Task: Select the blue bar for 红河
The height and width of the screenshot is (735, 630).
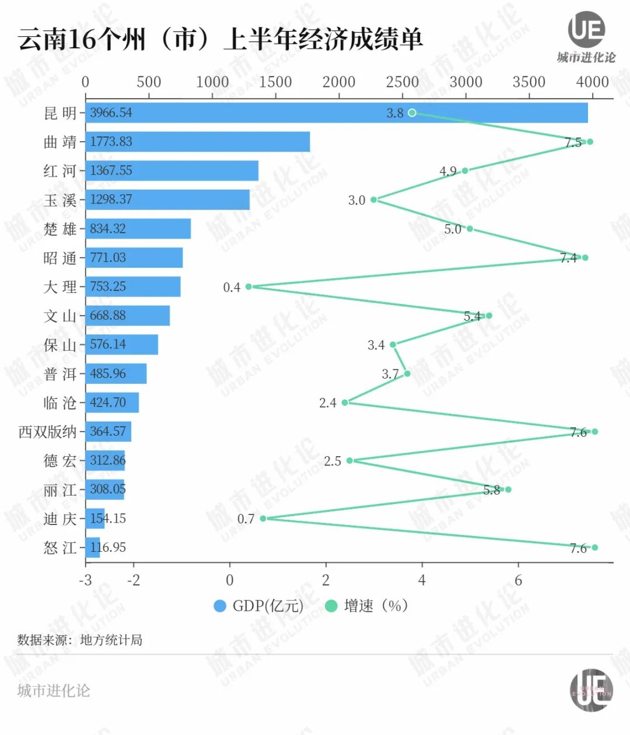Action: click(171, 171)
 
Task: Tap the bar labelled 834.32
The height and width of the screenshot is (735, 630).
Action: click(138, 229)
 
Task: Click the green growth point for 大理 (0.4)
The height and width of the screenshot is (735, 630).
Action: click(249, 286)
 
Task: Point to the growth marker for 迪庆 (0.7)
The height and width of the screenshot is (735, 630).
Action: click(263, 518)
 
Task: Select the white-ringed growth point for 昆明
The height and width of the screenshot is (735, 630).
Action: click(412, 113)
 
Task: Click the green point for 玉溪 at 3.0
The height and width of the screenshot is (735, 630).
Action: click(374, 199)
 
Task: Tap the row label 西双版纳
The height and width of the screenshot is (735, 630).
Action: click(48, 432)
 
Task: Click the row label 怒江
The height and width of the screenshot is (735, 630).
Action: click(60, 547)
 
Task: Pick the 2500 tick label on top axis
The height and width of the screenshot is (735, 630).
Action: click(402, 82)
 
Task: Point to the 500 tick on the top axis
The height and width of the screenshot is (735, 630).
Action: click(149, 82)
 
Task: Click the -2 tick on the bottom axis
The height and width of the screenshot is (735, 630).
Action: click(134, 580)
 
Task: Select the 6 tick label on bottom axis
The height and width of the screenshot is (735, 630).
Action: click(518, 580)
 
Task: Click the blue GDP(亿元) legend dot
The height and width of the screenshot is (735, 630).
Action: click(220, 606)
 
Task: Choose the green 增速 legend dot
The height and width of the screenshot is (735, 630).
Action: click(331, 606)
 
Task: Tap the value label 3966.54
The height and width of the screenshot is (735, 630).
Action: click(111, 113)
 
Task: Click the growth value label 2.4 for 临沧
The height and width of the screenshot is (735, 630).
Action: click(328, 402)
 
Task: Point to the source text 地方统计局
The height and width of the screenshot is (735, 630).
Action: click(111, 640)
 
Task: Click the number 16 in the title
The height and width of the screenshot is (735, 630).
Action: click(82, 40)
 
